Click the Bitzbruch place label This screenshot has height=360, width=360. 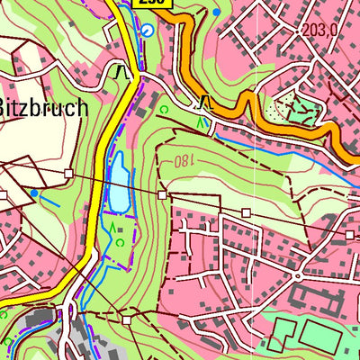click(x=43, y=108)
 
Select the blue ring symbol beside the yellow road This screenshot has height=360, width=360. click(x=148, y=30)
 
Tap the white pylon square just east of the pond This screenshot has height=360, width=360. click(x=162, y=193)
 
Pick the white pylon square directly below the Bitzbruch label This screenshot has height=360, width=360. click(x=67, y=172)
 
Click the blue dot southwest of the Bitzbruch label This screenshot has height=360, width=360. click(x=34, y=193)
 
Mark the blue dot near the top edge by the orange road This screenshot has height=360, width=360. click(x=216, y=12)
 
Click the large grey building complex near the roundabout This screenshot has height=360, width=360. click(x=310, y=297)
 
